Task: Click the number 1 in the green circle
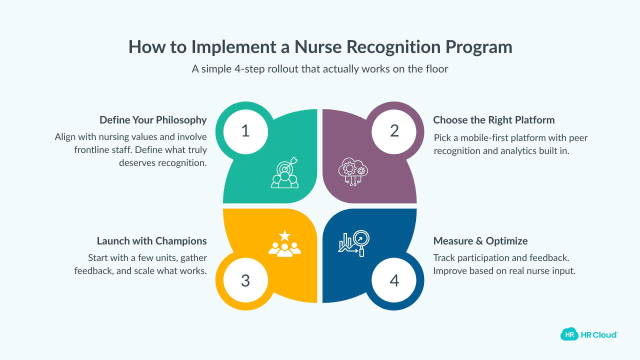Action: tap(245, 131)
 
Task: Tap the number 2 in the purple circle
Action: tap(394, 131)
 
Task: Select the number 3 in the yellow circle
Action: tap(245, 280)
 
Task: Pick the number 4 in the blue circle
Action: tap(394, 280)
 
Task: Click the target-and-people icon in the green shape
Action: tap(285, 173)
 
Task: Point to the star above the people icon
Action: tap(284, 235)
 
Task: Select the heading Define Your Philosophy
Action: tap(153, 120)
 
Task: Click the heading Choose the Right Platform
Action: tap(493, 120)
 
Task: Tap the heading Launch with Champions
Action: tap(151, 241)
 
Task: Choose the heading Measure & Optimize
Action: tap(480, 241)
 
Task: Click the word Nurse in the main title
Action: tap(317, 46)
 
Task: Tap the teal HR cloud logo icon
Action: tap(568, 334)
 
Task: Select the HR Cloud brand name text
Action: tap(599, 334)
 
